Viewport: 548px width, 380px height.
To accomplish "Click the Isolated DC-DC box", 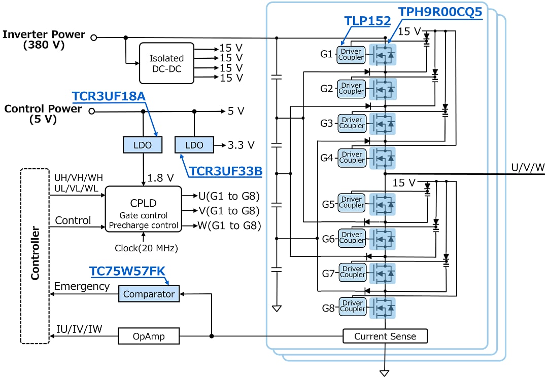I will click(x=166, y=63).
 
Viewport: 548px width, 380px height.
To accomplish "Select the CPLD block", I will click(x=143, y=209).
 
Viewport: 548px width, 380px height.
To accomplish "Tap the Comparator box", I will click(x=149, y=294).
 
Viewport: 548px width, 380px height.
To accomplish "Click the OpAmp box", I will click(x=149, y=336).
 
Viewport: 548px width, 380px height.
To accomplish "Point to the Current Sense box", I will click(x=385, y=336).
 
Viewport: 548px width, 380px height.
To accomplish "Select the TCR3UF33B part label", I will click(x=226, y=171).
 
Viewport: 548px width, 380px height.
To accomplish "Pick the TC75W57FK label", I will click(x=127, y=272).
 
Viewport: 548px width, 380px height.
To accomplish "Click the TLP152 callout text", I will click(x=367, y=21).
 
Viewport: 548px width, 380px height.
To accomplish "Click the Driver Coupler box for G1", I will click(x=351, y=54).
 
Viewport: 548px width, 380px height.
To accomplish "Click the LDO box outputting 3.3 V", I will click(x=194, y=145).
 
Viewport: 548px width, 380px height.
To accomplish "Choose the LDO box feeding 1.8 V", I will click(x=143, y=145).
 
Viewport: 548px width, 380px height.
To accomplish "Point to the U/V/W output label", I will click(x=528, y=167).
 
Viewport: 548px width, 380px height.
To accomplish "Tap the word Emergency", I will click(x=82, y=286).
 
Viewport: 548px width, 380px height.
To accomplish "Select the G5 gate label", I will click(x=328, y=205).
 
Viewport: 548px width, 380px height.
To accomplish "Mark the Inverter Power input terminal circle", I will click(x=93, y=37).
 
